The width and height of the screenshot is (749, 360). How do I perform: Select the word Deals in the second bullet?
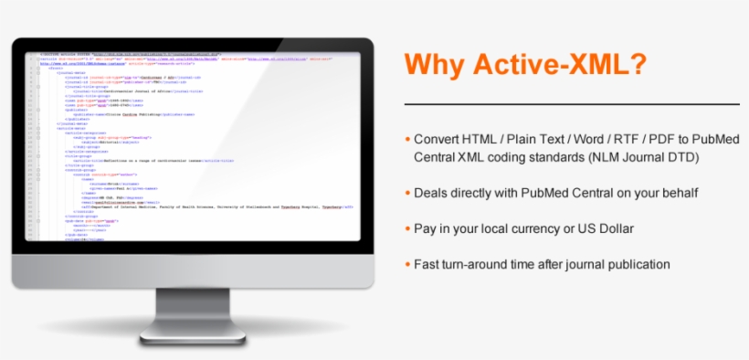433,193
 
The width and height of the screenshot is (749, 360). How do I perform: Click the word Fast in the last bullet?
428,264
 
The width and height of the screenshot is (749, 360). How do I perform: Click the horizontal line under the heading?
571,104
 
